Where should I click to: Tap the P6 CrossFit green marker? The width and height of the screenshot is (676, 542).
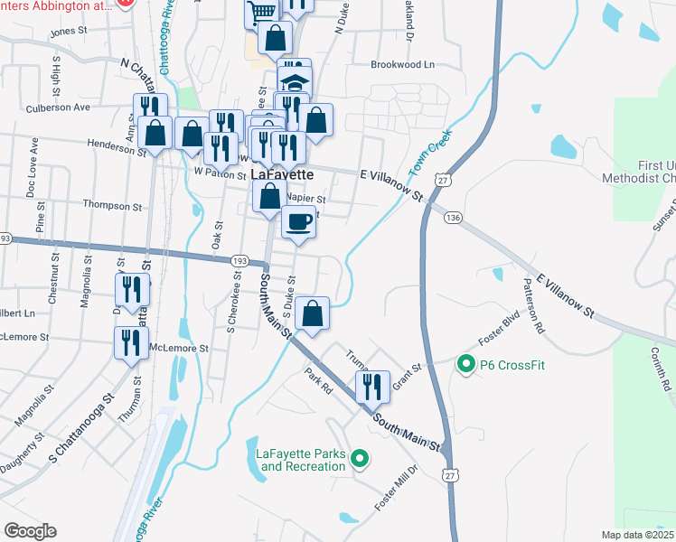(x=466, y=364)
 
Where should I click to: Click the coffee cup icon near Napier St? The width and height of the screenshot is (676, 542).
(x=298, y=221)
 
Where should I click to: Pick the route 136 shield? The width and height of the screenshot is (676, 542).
(x=453, y=218)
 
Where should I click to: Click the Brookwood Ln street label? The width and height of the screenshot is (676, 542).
(x=403, y=65)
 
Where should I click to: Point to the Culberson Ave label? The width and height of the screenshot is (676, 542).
(x=59, y=107)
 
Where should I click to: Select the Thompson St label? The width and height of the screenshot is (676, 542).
(x=112, y=206)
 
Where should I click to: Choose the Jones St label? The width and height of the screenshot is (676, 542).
(x=68, y=32)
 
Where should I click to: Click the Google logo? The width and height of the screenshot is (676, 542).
(x=30, y=531)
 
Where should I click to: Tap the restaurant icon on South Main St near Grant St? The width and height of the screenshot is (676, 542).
(x=372, y=386)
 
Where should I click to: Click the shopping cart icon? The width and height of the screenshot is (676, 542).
(x=262, y=12)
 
